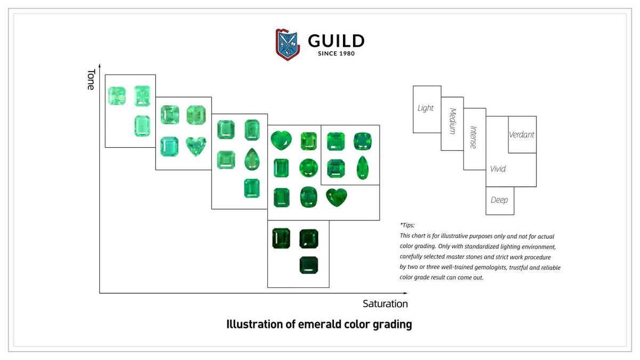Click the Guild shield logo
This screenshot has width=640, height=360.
288,44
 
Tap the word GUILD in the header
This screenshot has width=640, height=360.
336,41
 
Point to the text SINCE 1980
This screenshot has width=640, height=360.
336,53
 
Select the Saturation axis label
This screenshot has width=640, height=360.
385,304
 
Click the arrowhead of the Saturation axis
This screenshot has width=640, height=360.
405,293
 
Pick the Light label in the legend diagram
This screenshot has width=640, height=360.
426,108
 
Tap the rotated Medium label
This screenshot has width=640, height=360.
453,121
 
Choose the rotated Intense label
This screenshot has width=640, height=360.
473,137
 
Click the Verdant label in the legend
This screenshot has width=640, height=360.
522,135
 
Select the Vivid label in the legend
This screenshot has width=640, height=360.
498,169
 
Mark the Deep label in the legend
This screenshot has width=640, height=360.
499,200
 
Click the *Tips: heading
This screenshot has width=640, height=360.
407,225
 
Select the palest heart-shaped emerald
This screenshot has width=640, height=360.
196,146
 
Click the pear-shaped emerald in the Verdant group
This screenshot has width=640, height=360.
362,167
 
